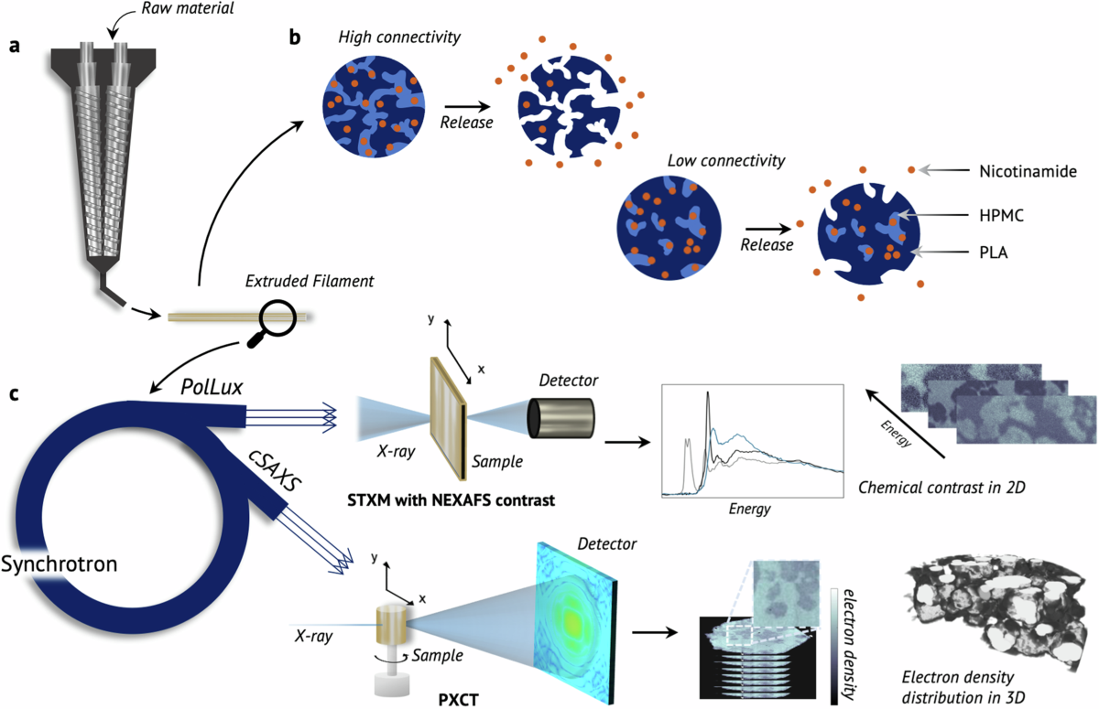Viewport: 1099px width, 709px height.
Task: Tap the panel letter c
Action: pos(14,395)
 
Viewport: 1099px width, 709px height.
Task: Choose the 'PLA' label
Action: pos(992,252)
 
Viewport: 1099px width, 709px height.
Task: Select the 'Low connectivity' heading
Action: pos(726,160)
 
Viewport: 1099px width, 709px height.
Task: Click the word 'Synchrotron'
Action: pos(59,564)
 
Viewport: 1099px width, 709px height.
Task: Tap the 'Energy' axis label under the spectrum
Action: pos(751,508)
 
